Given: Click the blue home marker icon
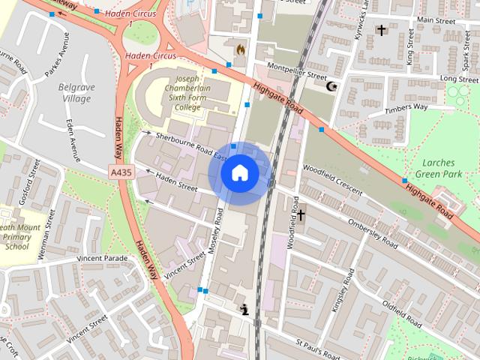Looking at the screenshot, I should (239, 173).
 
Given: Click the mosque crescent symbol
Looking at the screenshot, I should (330, 86).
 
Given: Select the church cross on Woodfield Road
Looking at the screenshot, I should (301, 215).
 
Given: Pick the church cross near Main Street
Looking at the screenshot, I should (381, 30).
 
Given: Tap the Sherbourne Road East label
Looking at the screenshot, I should (190, 145).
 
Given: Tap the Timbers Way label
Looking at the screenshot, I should (406, 107).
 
